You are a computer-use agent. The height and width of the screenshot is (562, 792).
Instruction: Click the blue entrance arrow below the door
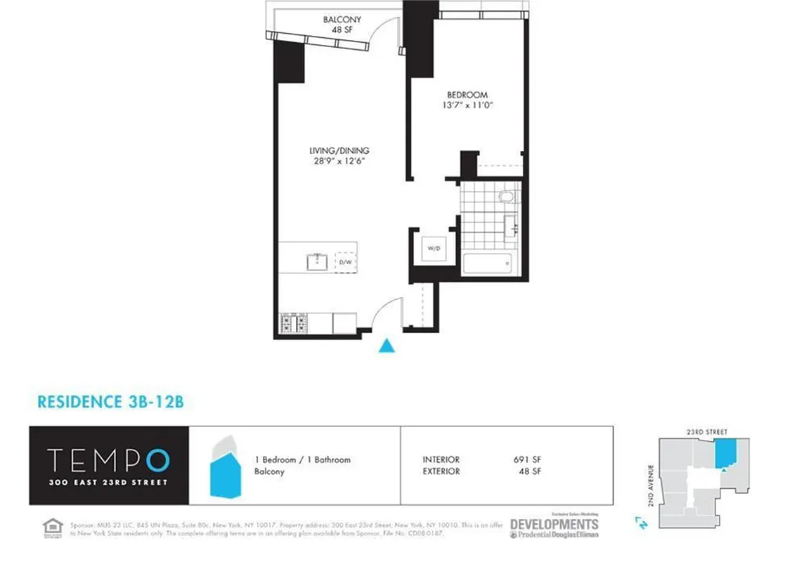tap(385, 345)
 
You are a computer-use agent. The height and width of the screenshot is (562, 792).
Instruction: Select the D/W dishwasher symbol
tap(345, 262)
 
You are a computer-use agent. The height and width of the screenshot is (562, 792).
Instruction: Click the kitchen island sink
tap(316, 262)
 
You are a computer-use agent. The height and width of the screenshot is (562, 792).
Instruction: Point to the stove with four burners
tap(294, 323)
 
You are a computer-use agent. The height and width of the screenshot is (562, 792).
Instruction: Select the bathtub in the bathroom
tap(486, 264)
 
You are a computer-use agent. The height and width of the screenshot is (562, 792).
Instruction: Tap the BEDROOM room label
tap(467, 95)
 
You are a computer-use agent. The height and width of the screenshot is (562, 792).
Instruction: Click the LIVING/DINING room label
tap(339, 150)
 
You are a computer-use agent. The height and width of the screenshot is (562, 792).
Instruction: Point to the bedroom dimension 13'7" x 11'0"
tap(467, 106)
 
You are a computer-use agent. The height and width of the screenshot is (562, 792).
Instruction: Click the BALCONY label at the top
tap(342, 20)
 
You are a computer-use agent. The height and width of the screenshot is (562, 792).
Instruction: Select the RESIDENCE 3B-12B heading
tap(110, 402)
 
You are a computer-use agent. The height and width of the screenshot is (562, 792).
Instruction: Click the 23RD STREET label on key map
tap(708, 431)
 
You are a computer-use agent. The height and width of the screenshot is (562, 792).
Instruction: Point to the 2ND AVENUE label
tap(652, 481)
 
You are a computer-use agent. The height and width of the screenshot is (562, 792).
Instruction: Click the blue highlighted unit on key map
tap(726, 454)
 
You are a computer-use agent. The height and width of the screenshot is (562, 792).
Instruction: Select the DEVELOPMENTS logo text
tap(554, 524)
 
